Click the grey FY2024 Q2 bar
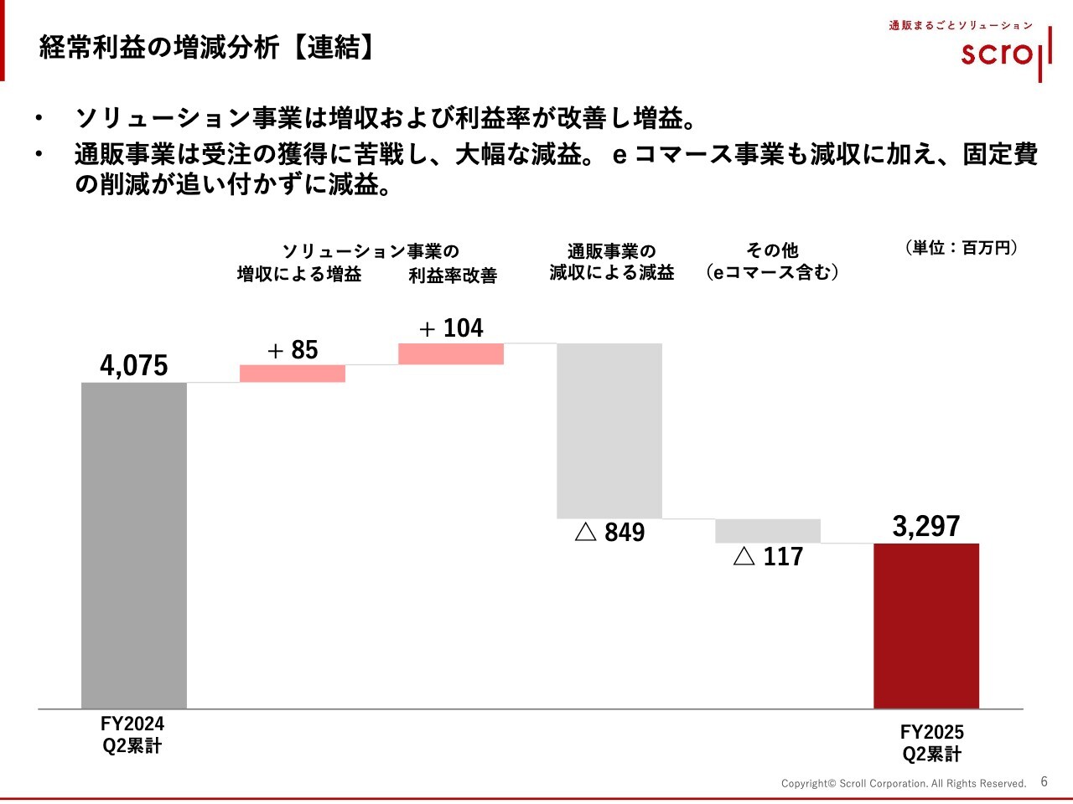(x=134, y=545)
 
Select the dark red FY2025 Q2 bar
(x=926, y=626)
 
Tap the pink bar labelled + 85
(x=293, y=374)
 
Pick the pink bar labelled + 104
(x=451, y=353)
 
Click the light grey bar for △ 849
(x=609, y=430)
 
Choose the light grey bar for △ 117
(x=768, y=531)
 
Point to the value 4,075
(x=134, y=366)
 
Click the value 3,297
(x=926, y=526)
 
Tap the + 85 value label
(x=293, y=350)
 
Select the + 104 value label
(x=451, y=328)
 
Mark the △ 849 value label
(x=610, y=533)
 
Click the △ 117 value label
(x=769, y=557)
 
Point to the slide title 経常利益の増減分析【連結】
(x=206, y=48)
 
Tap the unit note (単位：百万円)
(x=962, y=248)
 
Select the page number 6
(x=1044, y=781)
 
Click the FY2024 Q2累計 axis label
(x=132, y=734)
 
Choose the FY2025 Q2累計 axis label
(x=932, y=743)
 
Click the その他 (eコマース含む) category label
(x=772, y=261)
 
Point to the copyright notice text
(x=904, y=784)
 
